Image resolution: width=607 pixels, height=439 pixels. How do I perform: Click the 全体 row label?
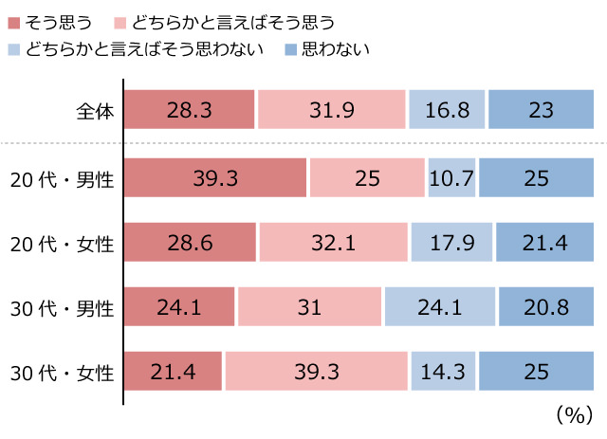click(95, 111)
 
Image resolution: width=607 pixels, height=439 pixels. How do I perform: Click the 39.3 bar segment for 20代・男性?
click(215, 178)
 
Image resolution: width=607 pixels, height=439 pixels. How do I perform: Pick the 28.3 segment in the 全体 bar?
click(190, 109)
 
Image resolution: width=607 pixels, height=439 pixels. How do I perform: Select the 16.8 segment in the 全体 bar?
click(448, 109)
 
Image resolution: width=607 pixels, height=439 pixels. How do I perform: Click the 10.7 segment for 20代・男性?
click(451, 178)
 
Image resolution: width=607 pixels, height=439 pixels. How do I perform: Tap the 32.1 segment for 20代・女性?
click(334, 243)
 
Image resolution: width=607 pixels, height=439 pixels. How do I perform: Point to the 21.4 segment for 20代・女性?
click(545, 243)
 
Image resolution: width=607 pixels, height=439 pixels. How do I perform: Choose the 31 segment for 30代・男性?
click(309, 307)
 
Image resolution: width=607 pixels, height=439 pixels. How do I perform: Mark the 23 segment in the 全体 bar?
click(541, 109)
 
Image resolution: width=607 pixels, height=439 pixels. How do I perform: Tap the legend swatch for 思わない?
click(291, 47)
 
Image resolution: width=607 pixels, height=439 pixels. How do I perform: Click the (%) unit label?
click(573, 414)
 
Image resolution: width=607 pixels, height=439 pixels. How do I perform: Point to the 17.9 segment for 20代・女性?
click(452, 243)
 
